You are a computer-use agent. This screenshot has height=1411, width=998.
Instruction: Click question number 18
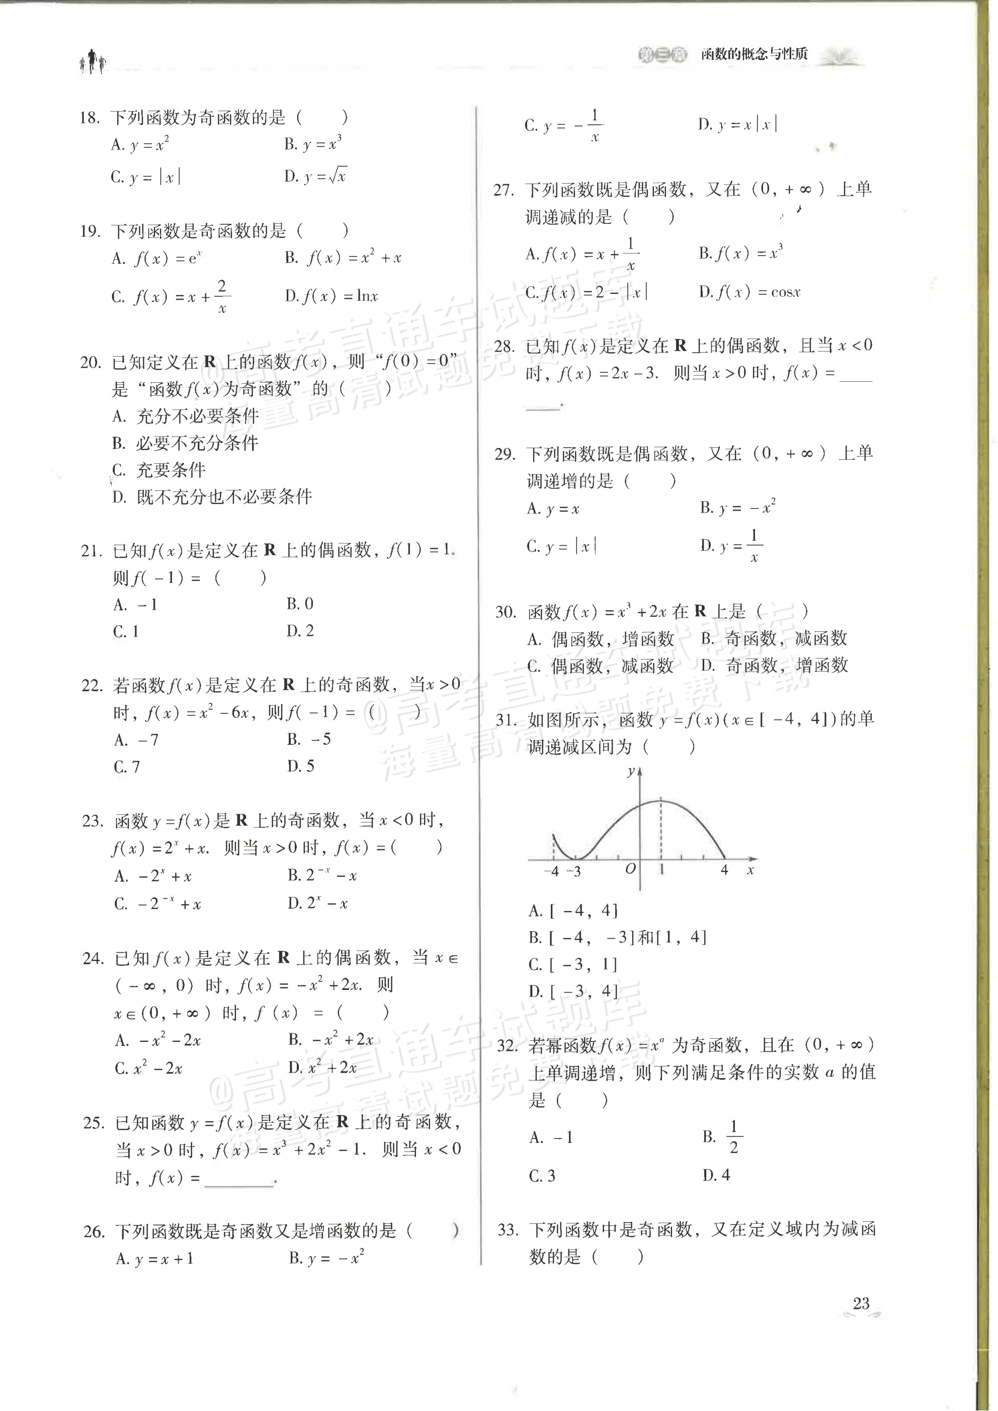click(x=90, y=117)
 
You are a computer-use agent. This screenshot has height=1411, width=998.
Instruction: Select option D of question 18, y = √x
click(x=315, y=177)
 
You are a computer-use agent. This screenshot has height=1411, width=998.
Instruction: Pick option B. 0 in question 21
click(x=300, y=604)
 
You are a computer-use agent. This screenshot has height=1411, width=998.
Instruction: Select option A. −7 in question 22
click(x=136, y=740)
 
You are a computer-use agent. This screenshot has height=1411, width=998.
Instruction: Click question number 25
click(x=94, y=1123)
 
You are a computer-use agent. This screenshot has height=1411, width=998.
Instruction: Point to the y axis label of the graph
click(x=630, y=771)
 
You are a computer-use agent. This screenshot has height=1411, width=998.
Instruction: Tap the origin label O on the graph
click(x=630, y=869)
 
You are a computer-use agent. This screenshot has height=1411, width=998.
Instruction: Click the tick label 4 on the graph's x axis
click(x=724, y=870)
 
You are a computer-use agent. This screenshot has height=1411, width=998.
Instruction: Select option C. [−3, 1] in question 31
click(x=573, y=964)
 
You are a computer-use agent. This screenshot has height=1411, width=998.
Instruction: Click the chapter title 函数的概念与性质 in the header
click(x=755, y=54)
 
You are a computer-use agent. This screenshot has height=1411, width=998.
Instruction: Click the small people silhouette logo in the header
click(x=92, y=61)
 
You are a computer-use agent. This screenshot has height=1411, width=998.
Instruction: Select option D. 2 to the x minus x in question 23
click(x=318, y=903)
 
